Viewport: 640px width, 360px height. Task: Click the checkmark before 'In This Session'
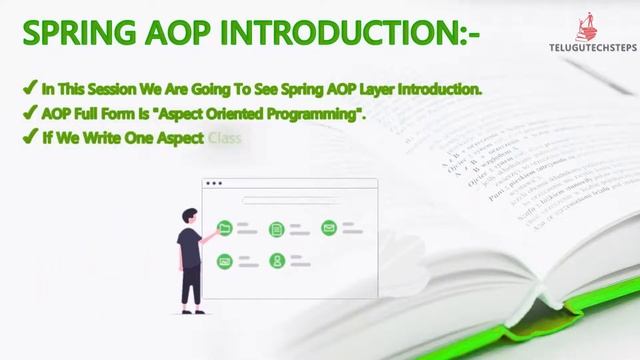tap(30, 89)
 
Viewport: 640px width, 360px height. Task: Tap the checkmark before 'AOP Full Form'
tap(30, 113)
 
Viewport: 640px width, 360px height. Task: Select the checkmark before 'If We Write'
tap(30, 137)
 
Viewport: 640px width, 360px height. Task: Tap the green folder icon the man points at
tap(224, 228)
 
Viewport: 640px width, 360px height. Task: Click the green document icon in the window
tap(277, 228)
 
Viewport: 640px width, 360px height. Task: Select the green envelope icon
tap(329, 228)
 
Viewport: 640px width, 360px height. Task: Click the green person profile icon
tap(277, 261)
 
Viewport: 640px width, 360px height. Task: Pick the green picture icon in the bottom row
tap(224, 261)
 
